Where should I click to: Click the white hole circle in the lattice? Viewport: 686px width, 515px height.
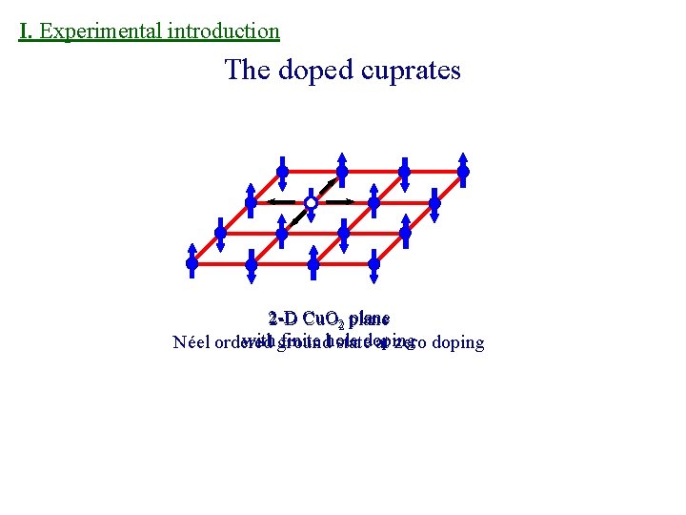click(x=311, y=203)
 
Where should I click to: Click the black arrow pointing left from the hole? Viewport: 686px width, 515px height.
click(x=280, y=202)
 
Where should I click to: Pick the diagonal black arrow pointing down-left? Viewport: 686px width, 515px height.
click(x=297, y=216)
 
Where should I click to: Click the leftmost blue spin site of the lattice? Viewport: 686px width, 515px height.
click(x=192, y=262)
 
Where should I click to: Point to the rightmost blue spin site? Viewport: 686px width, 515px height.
click(x=463, y=172)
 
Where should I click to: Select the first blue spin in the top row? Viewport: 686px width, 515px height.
click(x=282, y=172)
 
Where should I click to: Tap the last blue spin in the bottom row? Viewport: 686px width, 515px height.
click(x=373, y=262)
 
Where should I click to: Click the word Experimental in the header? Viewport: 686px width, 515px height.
click(x=102, y=31)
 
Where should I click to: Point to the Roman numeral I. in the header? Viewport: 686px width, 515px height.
click(x=26, y=31)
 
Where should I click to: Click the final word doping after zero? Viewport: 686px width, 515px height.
click(x=457, y=343)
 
